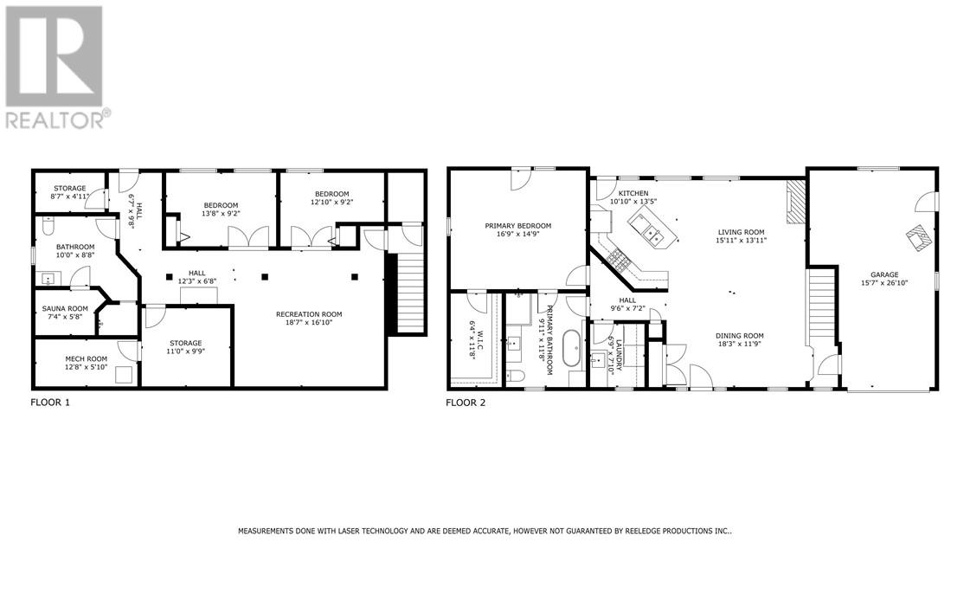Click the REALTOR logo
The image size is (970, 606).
pyautogui.click(x=58, y=67)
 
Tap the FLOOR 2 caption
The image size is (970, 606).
pyautogui.click(x=466, y=403)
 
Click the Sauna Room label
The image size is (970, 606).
pyautogui.click(x=66, y=308)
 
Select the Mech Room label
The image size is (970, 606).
pyautogui.click(x=86, y=358)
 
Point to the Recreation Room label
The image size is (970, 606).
pyautogui.click(x=309, y=314)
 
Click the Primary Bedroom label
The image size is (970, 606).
pyautogui.click(x=517, y=226)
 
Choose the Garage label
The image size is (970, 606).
pyautogui.click(x=879, y=274)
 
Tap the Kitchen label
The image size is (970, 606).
pyautogui.click(x=633, y=193)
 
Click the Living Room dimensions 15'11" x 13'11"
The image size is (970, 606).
pyautogui.click(x=741, y=242)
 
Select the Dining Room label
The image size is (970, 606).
pyautogui.click(x=739, y=336)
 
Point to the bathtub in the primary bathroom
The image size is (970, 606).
pyautogui.click(x=572, y=351)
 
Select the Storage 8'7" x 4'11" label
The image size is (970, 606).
pyautogui.click(x=69, y=192)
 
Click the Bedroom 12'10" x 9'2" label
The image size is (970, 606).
pyautogui.click(x=331, y=197)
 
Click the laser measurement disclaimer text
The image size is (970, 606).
pyautogui.click(x=485, y=531)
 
